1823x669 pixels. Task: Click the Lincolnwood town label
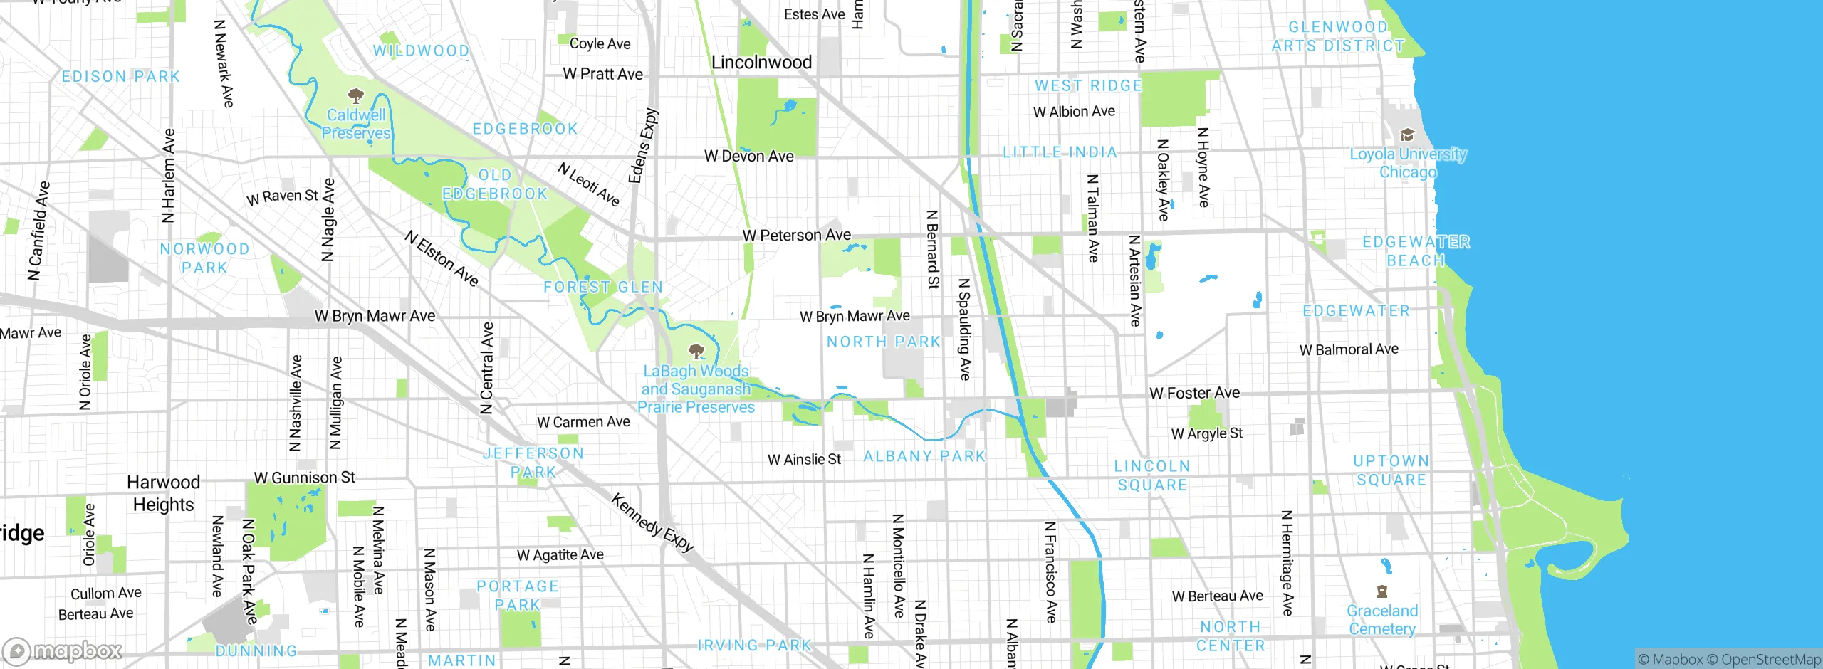coord(761,63)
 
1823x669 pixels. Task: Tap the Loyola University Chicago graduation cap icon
coord(1407,135)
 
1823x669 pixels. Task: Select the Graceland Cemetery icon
coord(1382,591)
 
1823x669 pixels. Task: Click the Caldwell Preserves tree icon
coord(355,95)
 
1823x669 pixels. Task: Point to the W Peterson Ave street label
coord(796,235)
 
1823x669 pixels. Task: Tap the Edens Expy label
coord(643,146)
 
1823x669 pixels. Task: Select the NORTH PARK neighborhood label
coord(883,342)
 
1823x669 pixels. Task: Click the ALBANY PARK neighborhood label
coord(924,456)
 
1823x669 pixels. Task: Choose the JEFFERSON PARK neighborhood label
coord(533,463)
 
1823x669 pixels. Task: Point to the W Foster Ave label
coord(1194,393)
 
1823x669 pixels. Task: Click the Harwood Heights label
coord(163,493)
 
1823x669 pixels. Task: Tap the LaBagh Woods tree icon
coord(696,351)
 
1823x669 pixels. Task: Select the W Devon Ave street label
coord(748,156)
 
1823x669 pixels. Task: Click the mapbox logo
coord(63,650)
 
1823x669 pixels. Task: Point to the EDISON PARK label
coord(120,77)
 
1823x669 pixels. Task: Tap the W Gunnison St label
coord(304,478)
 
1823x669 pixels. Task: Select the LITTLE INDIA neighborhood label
coord(1060,152)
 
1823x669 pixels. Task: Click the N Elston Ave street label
coord(442,258)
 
